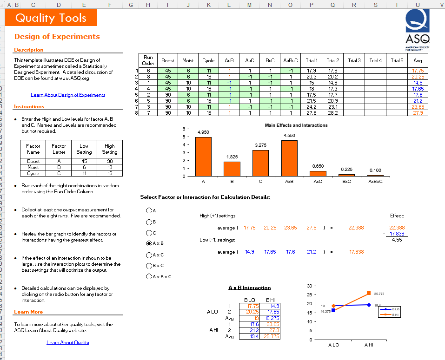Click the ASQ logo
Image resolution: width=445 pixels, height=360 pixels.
point(418,26)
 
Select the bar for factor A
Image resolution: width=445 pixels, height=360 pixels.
point(203,157)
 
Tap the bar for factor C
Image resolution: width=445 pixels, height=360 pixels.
point(260,163)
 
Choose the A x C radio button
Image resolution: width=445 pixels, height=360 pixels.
point(149,255)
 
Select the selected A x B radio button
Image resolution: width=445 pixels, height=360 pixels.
point(149,243)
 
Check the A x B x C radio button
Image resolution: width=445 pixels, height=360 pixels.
point(149,277)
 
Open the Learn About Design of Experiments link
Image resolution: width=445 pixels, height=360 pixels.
point(68,95)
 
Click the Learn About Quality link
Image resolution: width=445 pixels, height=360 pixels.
point(68,342)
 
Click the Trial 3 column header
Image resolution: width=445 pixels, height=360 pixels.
point(354,60)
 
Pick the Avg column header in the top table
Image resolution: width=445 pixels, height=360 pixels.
point(418,60)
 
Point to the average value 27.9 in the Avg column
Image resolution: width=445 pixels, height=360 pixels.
point(418,113)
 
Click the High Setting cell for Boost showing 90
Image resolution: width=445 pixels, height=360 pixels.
point(110,161)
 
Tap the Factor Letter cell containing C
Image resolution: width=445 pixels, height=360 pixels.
point(59,173)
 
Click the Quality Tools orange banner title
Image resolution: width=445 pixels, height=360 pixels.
point(51,18)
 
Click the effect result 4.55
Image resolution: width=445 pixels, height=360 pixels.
point(397,240)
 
